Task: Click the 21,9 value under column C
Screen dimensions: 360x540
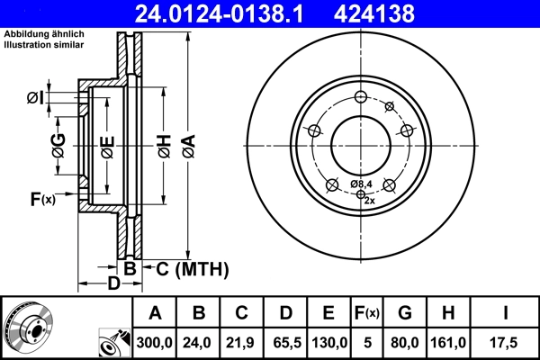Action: point(241,342)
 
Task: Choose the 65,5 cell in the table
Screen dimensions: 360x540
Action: point(285,342)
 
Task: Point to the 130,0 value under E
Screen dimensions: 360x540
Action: point(329,342)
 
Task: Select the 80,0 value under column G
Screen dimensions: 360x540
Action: point(405,342)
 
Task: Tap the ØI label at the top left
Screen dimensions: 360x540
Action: point(34,96)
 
